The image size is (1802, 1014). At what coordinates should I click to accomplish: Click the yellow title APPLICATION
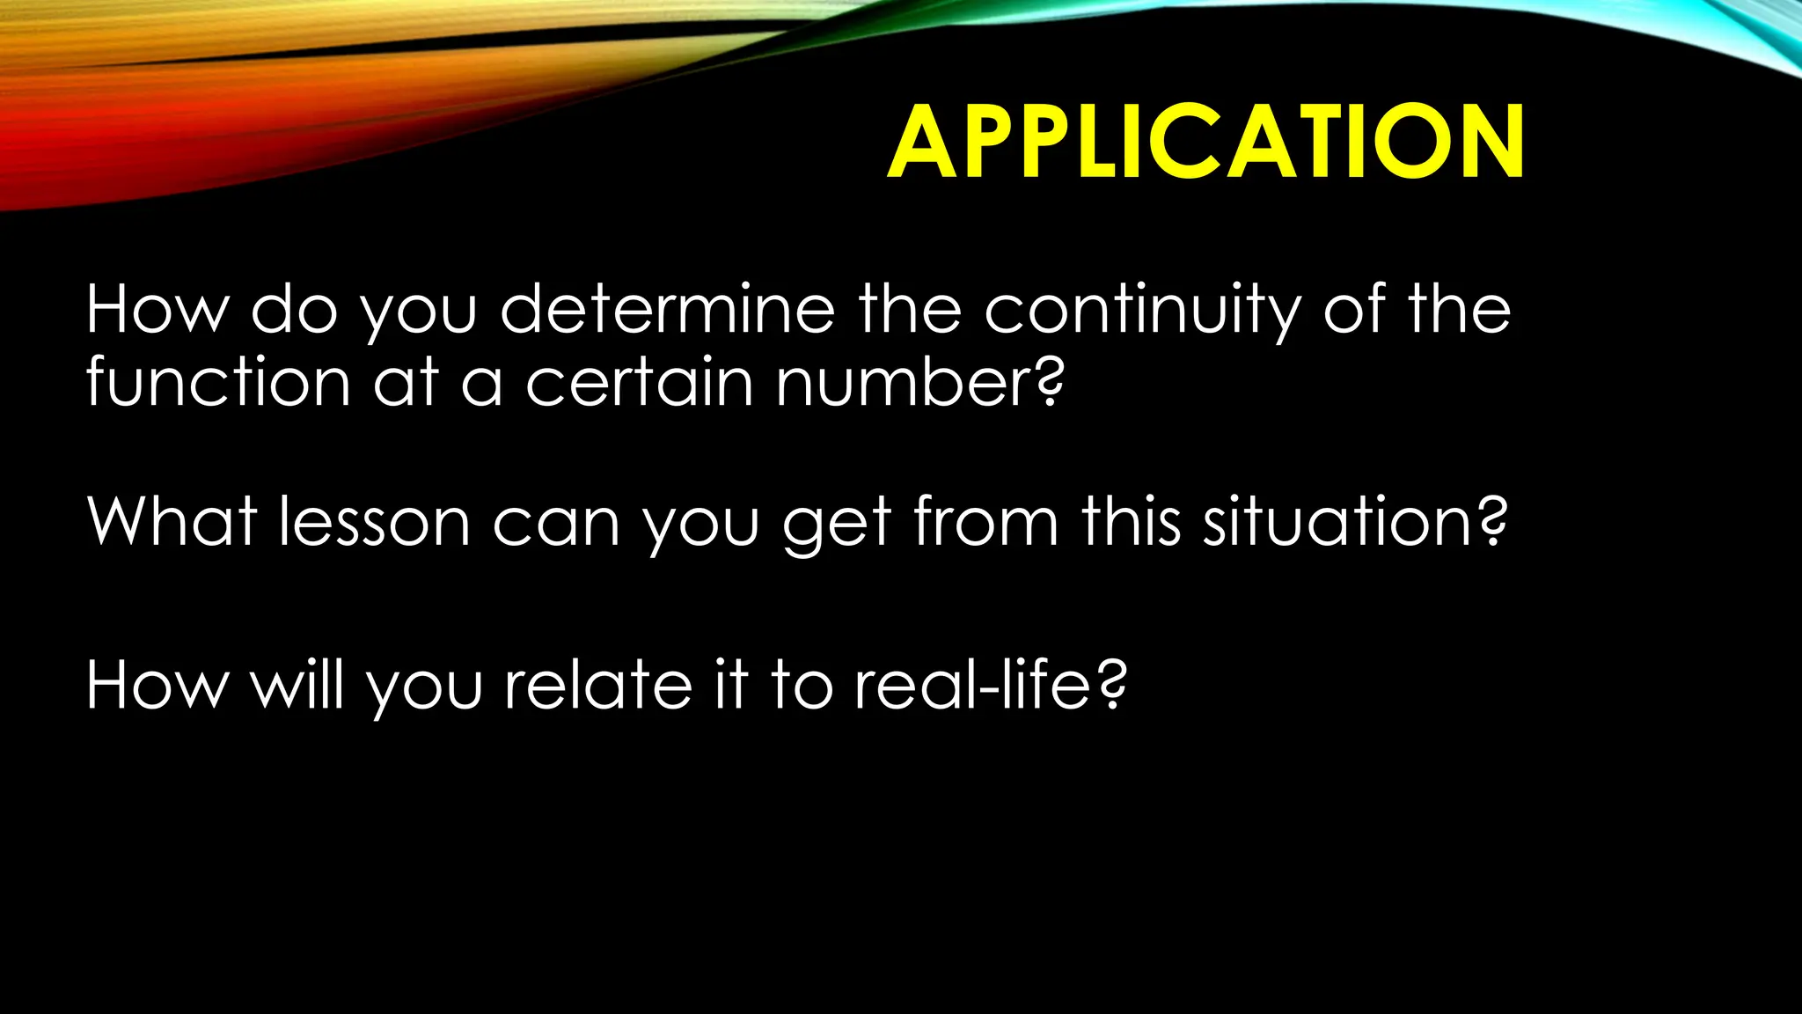(x=1205, y=142)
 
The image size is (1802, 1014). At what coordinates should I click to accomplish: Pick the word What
(x=171, y=521)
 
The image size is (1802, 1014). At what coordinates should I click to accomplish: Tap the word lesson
(x=375, y=521)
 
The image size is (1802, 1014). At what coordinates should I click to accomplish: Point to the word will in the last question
(x=298, y=685)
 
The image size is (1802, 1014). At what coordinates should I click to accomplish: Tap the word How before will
(x=157, y=685)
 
